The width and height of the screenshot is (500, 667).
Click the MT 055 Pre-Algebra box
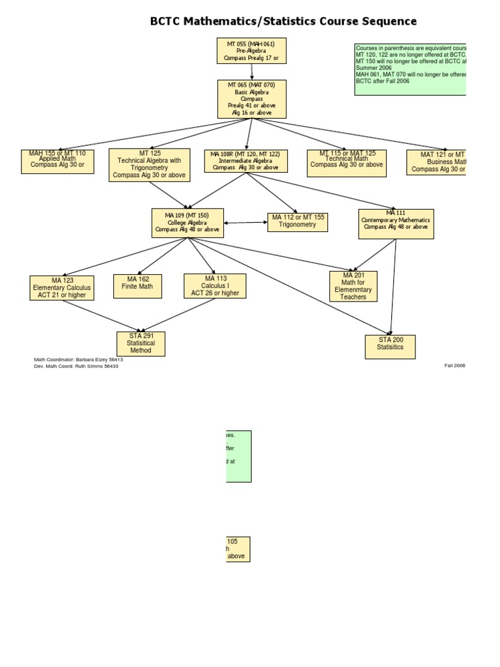click(x=251, y=51)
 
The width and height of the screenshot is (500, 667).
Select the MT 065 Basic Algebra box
click(x=252, y=99)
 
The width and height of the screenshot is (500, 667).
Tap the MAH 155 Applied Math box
click(x=57, y=162)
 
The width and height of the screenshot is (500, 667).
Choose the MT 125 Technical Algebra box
click(x=149, y=165)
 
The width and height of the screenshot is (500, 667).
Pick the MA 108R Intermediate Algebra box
click(x=245, y=161)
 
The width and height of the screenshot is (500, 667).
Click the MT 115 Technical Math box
click(x=346, y=163)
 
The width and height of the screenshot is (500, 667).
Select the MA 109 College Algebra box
click(x=187, y=223)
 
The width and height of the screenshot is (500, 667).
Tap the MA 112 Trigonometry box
click(x=298, y=222)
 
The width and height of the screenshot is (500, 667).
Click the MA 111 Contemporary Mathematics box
click(x=396, y=223)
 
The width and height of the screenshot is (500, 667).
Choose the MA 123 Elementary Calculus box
click(x=62, y=288)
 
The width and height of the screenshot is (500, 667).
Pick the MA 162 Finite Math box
click(x=137, y=287)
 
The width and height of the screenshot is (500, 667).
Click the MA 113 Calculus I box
click(x=215, y=286)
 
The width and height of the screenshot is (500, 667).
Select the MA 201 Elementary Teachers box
click(x=353, y=287)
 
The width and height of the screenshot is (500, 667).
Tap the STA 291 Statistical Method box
click(x=141, y=344)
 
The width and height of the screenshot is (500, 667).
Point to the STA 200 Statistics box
click(x=390, y=347)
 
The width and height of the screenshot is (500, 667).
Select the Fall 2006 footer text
click(x=454, y=365)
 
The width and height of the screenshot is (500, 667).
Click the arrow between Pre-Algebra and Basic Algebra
click(x=251, y=72)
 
